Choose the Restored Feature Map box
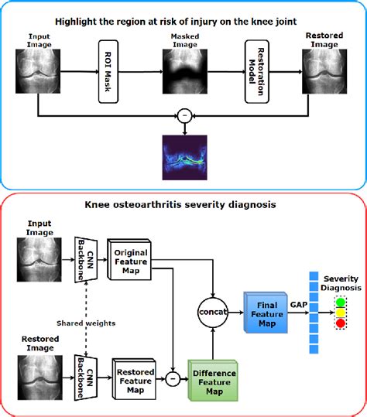tap(136, 377)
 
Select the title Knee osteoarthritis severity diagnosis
tap(183, 207)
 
